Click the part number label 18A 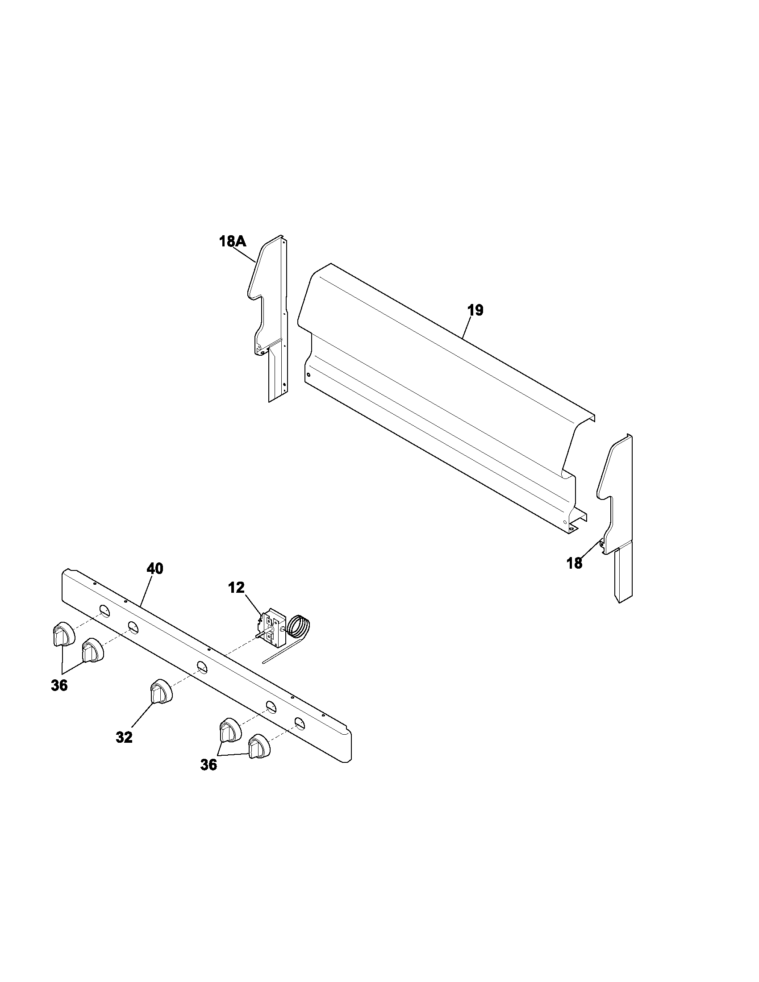point(233,242)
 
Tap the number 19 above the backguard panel point(475,310)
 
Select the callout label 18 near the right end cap point(575,563)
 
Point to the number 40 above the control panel point(154,569)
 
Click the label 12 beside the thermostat point(236,587)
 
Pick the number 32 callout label point(124,737)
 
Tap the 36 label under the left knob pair point(59,686)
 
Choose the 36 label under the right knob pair point(209,765)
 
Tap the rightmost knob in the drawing point(259,747)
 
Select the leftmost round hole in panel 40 point(104,611)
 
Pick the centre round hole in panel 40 point(202,667)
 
